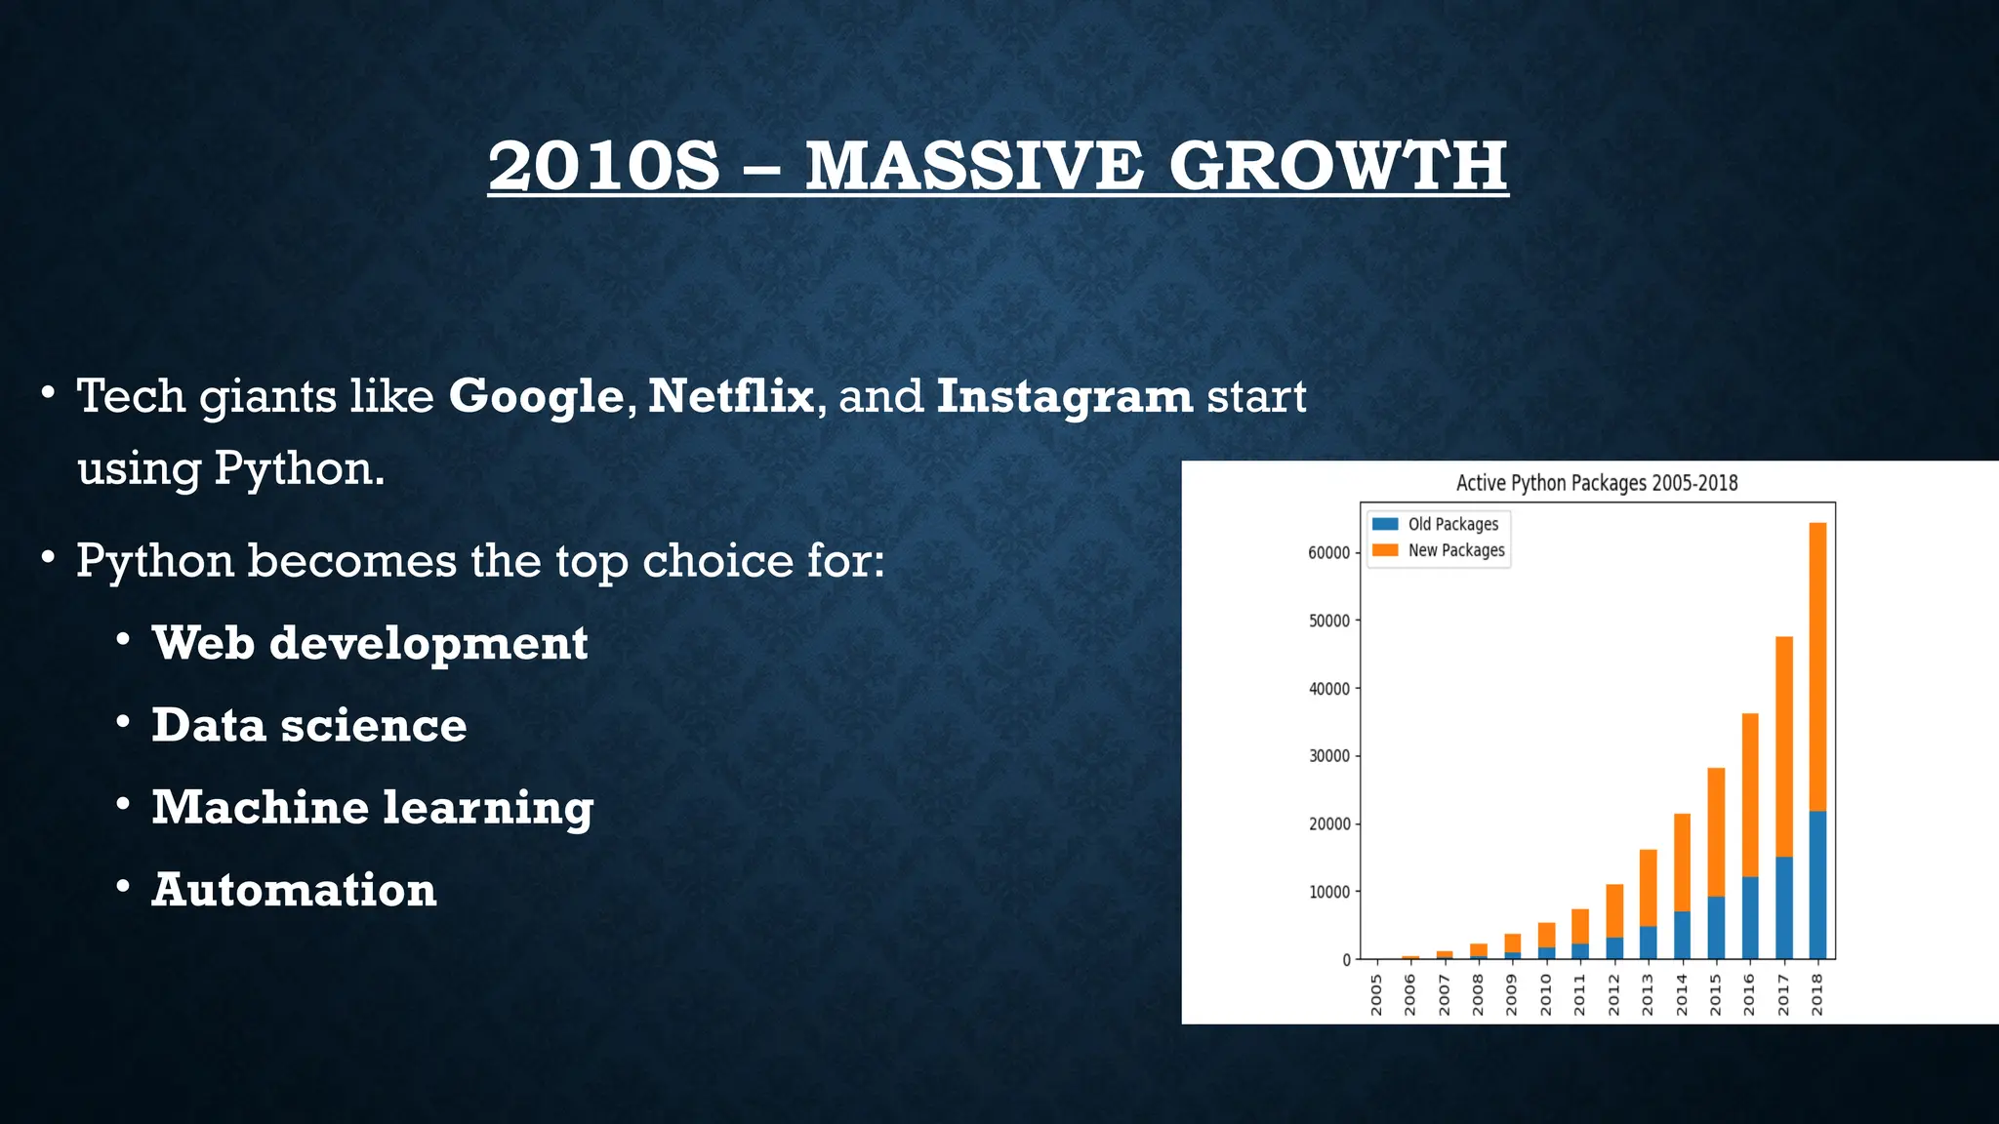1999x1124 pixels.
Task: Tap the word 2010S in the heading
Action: [x=603, y=166]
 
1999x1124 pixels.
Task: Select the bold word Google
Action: [x=536, y=397]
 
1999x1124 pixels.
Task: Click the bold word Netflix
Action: [x=730, y=395]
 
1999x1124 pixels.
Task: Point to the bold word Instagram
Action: [x=1064, y=397]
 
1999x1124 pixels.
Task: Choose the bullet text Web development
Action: [x=369, y=643]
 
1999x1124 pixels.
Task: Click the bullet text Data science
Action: [x=308, y=725]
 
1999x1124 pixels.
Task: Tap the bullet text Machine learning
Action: [x=372, y=808]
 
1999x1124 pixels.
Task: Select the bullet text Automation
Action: [x=294, y=890]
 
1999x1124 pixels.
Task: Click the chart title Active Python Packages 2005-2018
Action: [x=1597, y=483]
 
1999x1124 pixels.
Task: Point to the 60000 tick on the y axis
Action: [x=1328, y=553]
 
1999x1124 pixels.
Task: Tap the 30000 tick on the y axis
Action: [x=1328, y=756]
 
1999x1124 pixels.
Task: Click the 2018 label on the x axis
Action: [x=1817, y=995]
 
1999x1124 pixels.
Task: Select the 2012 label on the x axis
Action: [x=1613, y=995]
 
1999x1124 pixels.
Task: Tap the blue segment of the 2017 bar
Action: [x=1783, y=907]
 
